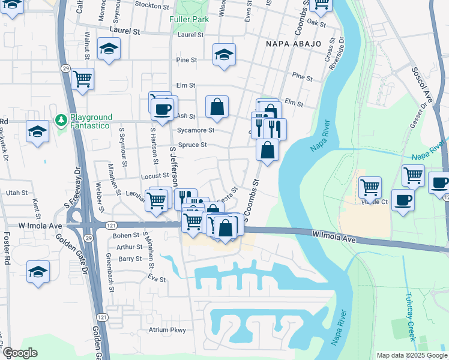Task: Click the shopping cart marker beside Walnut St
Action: coord(83,78)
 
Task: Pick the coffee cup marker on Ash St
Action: coord(162,109)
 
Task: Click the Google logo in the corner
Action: coord(20,353)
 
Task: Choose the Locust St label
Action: coord(155,176)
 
